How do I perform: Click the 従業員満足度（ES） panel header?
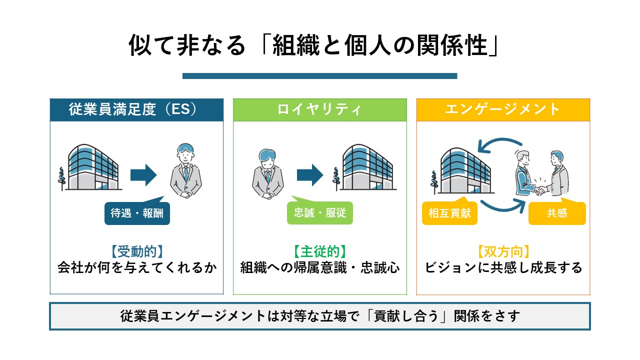tap(136, 110)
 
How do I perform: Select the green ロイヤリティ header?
tap(320, 110)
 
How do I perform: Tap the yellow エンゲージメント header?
tap(503, 110)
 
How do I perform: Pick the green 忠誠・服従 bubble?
tap(320, 214)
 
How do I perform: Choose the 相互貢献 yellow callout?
tap(450, 213)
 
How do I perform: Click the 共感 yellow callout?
tap(557, 213)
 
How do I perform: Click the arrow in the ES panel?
tap(143, 175)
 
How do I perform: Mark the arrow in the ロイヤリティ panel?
tap(310, 175)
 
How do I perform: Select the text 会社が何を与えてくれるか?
tap(136, 268)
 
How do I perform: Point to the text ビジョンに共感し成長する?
tap(503, 268)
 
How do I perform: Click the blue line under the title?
tap(320, 76)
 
